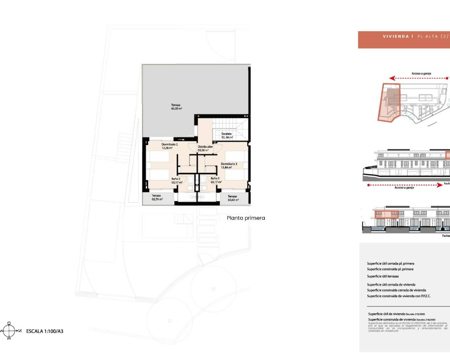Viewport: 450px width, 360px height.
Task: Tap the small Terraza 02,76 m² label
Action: [157, 198]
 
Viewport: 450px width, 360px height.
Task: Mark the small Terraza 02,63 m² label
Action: [232, 198]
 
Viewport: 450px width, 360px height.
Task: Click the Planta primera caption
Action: [246, 218]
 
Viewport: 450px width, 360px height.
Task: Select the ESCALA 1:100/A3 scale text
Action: [45, 331]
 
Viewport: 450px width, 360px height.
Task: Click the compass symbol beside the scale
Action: [9, 331]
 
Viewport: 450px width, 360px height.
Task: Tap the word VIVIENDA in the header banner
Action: [396, 37]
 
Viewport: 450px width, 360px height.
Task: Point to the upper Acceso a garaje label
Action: [421, 74]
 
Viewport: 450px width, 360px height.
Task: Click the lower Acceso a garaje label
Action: [404, 188]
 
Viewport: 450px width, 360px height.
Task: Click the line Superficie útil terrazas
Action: [383, 276]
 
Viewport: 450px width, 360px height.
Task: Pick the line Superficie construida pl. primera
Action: [390, 269]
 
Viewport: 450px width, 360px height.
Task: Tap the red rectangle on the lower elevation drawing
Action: [387, 214]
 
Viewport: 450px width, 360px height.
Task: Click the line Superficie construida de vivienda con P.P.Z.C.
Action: [399, 296]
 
